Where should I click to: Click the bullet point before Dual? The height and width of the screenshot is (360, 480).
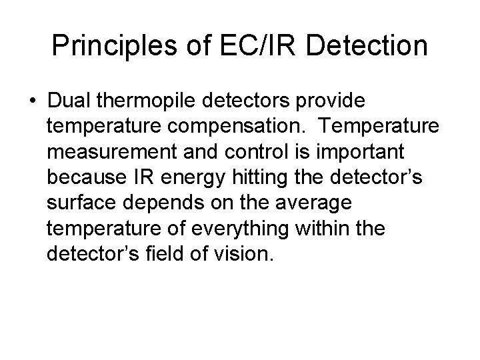click(33, 100)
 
